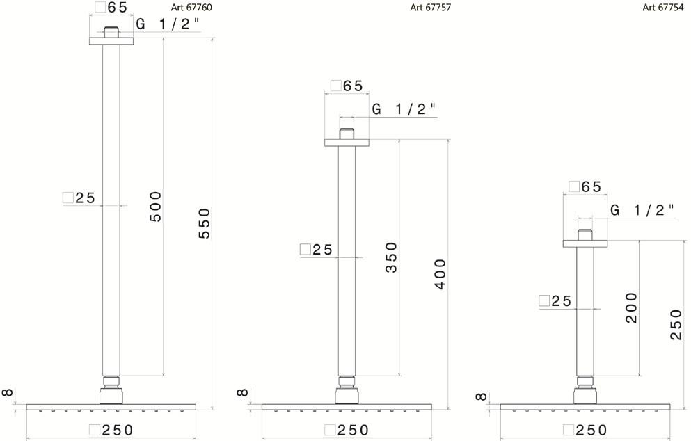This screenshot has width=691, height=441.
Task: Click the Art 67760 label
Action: pyautogui.click(x=191, y=8)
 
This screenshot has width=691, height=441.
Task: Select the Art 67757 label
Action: pyautogui.click(x=431, y=8)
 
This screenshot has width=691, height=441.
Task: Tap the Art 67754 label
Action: pyautogui.click(x=663, y=8)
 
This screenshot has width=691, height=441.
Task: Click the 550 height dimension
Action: pyautogui.click(x=205, y=224)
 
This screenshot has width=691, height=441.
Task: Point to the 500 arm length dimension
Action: pyautogui.click(x=156, y=207)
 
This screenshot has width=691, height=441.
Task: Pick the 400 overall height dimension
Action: pyautogui.click(x=440, y=275)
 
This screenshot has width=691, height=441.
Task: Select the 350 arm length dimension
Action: pyautogui.click(x=391, y=257)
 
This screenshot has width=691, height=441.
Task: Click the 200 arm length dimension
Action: pyautogui.click(x=632, y=308)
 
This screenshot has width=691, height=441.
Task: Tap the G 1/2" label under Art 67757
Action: pyautogui.click(x=404, y=109)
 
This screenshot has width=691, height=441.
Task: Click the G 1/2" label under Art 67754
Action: pyautogui.click(x=642, y=210)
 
